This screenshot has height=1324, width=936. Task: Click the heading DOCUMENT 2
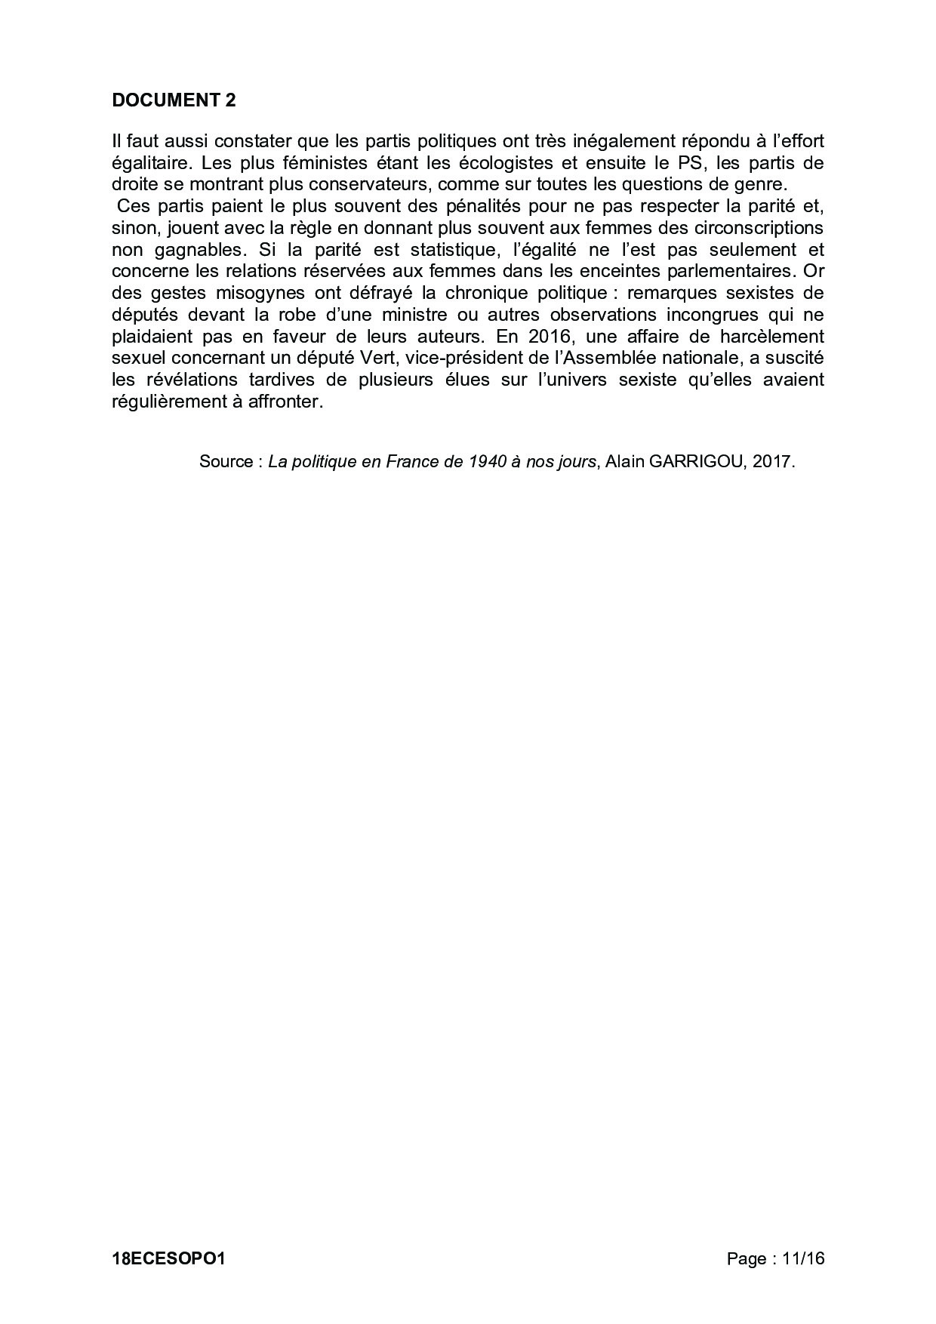(174, 100)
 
